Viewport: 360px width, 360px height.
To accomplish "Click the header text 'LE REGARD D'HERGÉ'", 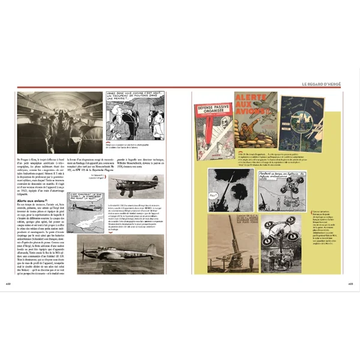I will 322,84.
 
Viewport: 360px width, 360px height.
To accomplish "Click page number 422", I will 8,283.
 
